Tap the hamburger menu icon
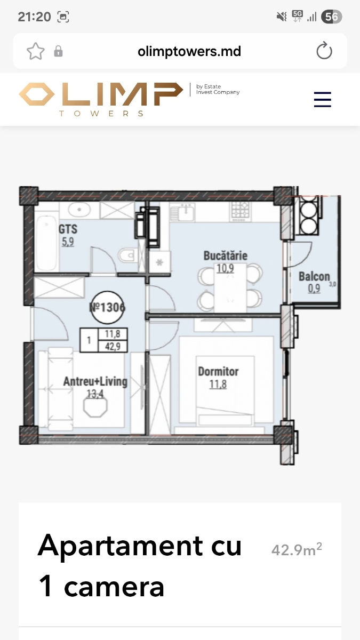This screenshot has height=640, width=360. pos(323,99)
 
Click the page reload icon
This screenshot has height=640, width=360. pos(324,51)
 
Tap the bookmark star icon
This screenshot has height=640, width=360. pos(36,51)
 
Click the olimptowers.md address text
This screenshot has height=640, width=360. pos(189,52)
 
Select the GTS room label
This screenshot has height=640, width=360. pos(68,229)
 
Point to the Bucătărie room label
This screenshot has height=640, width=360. pos(226,255)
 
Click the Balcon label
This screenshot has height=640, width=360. pos(314,277)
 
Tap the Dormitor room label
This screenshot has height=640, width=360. pos(218,371)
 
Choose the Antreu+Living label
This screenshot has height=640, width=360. pos(95,381)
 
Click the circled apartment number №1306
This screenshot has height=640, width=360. pos(107,307)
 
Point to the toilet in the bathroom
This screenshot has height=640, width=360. pos(126,255)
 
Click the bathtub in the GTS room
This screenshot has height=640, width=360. pos(46,243)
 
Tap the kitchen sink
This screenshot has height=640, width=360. pos(182,212)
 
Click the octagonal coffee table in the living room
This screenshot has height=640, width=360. pos(95,406)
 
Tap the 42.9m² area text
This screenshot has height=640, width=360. pos(297,549)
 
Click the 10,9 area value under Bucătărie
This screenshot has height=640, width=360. pos(225,269)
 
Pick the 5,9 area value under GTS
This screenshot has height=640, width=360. pos(68,242)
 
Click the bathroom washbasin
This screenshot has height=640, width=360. pos(79,210)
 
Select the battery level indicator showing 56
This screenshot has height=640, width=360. pos(331,17)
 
